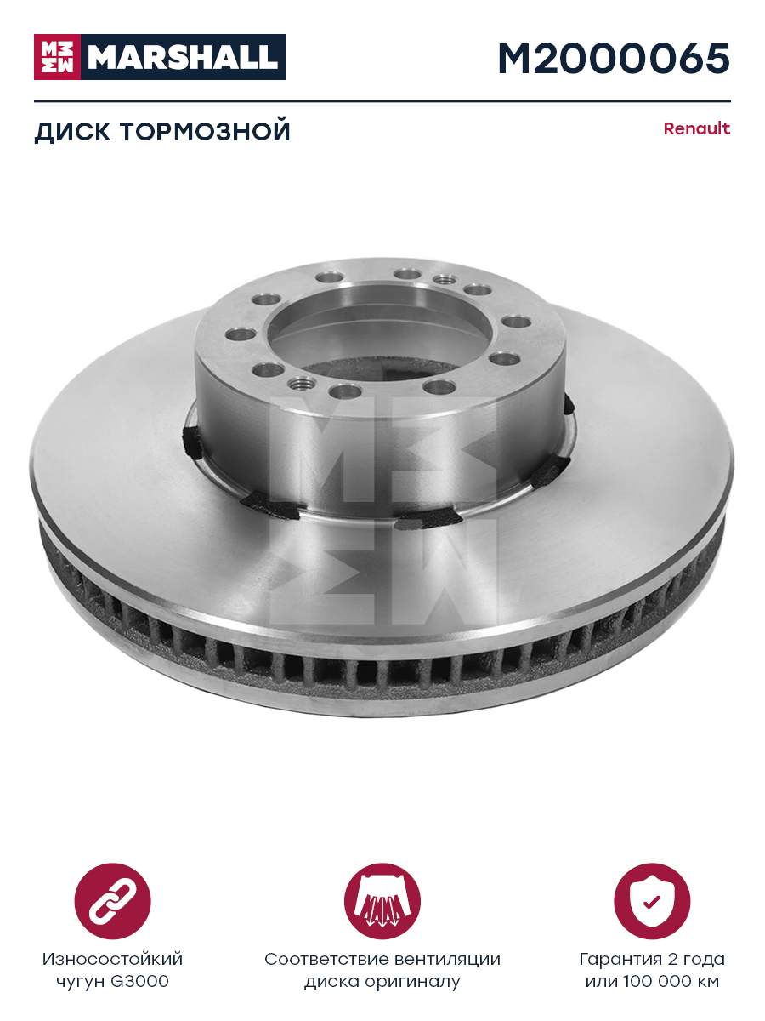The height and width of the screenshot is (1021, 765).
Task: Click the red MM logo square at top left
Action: [x=57, y=57]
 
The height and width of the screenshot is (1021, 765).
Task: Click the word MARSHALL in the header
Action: [x=183, y=57]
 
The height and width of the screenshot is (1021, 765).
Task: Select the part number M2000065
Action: [x=614, y=59]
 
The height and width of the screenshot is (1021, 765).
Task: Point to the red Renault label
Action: [x=697, y=128]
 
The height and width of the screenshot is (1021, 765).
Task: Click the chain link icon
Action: [x=113, y=901]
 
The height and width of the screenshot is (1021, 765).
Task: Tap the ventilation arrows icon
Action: [x=382, y=901]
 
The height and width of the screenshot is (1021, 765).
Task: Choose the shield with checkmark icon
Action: [x=652, y=901]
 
